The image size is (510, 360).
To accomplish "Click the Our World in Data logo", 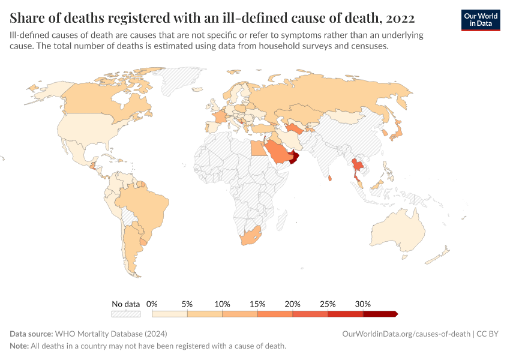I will (481, 20).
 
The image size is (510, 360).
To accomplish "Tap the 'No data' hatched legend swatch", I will (125, 314).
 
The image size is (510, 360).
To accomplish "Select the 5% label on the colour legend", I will (187, 304).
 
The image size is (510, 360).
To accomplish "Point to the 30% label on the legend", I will (363, 304).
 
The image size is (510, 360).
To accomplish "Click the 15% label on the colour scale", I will (257, 304).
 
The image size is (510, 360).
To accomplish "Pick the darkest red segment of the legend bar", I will (379, 314).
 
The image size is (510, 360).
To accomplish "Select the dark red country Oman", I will (294, 158).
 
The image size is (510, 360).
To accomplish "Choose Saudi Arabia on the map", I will (278, 153).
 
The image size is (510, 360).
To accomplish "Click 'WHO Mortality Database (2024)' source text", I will (110, 334).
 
